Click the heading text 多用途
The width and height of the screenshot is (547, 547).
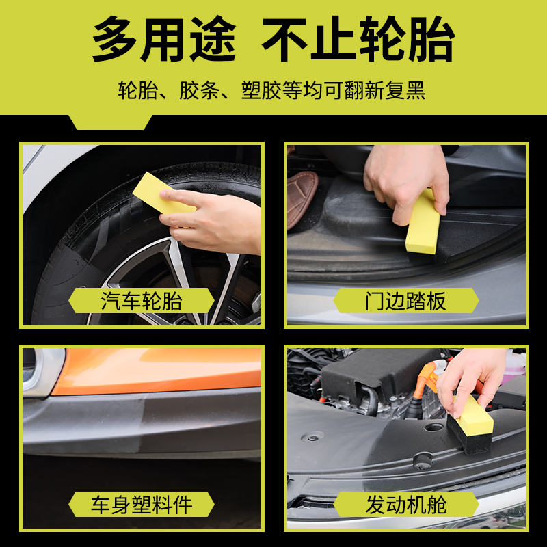click(x=163, y=39)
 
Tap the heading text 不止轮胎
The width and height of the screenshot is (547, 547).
click(x=358, y=39)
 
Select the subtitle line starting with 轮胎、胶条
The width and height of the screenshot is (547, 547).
click(x=271, y=90)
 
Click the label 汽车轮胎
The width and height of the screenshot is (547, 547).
click(x=142, y=301)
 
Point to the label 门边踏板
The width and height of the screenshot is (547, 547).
click(x=405, y=301)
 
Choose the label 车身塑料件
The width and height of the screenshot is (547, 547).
click(x=142, y=505)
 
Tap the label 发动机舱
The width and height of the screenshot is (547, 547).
click(x=405, y=505)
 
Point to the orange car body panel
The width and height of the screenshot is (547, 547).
click(x=157, y=370)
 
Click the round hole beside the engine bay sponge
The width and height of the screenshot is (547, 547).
click(x=433, y=427)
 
